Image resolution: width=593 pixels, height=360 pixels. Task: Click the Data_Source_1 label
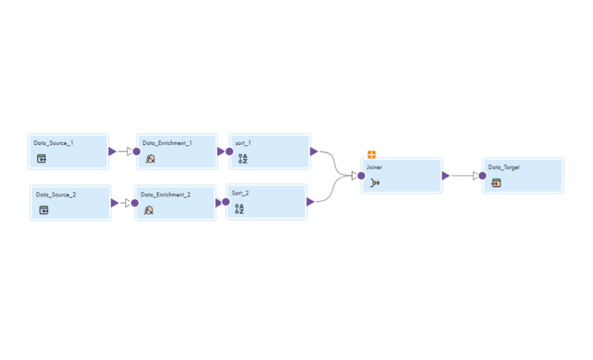point(53,143)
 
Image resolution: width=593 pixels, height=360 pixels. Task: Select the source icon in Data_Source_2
point(44,210)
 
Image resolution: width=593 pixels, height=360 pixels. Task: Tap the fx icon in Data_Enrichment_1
point(150,159)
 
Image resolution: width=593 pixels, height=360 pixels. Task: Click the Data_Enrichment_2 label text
point(166,195)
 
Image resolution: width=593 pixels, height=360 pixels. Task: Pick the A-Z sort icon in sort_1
point(243,159)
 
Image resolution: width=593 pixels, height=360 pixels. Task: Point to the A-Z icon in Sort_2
point(239,209)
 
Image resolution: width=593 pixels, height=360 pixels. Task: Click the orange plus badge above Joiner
point(371,154)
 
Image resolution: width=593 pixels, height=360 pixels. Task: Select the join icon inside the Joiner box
point(375,183)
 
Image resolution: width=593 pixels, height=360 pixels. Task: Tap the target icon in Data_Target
point(496,183)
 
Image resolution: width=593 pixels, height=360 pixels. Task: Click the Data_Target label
point(503,167)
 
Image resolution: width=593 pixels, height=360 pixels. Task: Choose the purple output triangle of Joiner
point(445,176)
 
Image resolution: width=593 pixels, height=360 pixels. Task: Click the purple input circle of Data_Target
point(482,176)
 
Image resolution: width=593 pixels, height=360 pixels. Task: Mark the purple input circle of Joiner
point(361,176)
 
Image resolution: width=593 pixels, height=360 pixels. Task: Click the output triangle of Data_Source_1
point(112,151)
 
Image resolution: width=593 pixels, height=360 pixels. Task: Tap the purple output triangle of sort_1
point(314,151)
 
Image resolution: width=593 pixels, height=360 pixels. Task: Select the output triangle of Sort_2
point(310,202)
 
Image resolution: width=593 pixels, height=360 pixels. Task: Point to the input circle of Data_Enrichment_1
point(137,151)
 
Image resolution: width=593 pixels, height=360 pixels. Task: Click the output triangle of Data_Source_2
point(115,203)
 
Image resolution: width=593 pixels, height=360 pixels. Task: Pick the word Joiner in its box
point(374,167)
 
